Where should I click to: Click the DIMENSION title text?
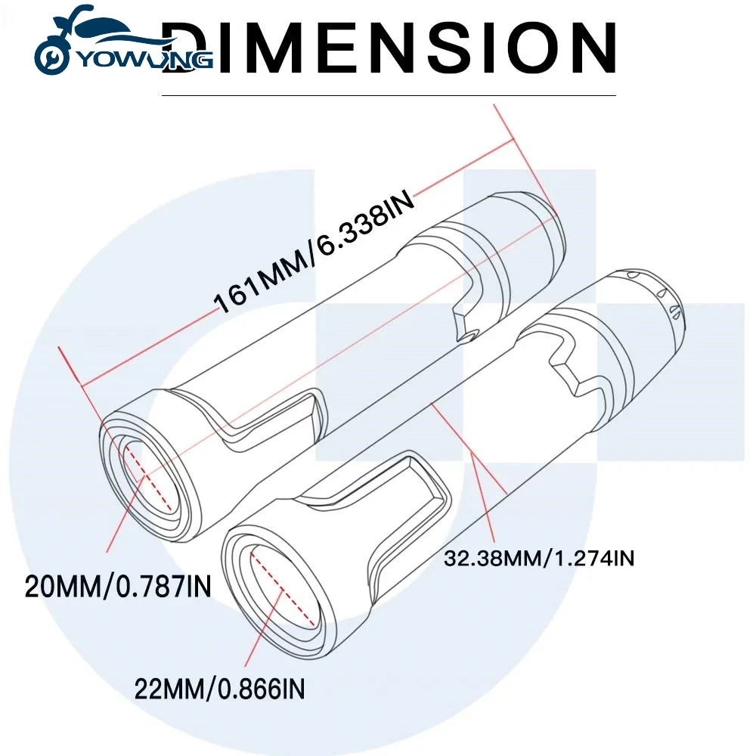388,47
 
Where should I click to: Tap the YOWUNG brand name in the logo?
144,59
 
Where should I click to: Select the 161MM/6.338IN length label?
314,251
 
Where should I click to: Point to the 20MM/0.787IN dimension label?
118,587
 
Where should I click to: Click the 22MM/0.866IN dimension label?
219,689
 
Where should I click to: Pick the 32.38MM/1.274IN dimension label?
539,559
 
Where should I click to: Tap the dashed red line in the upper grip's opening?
148,478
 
